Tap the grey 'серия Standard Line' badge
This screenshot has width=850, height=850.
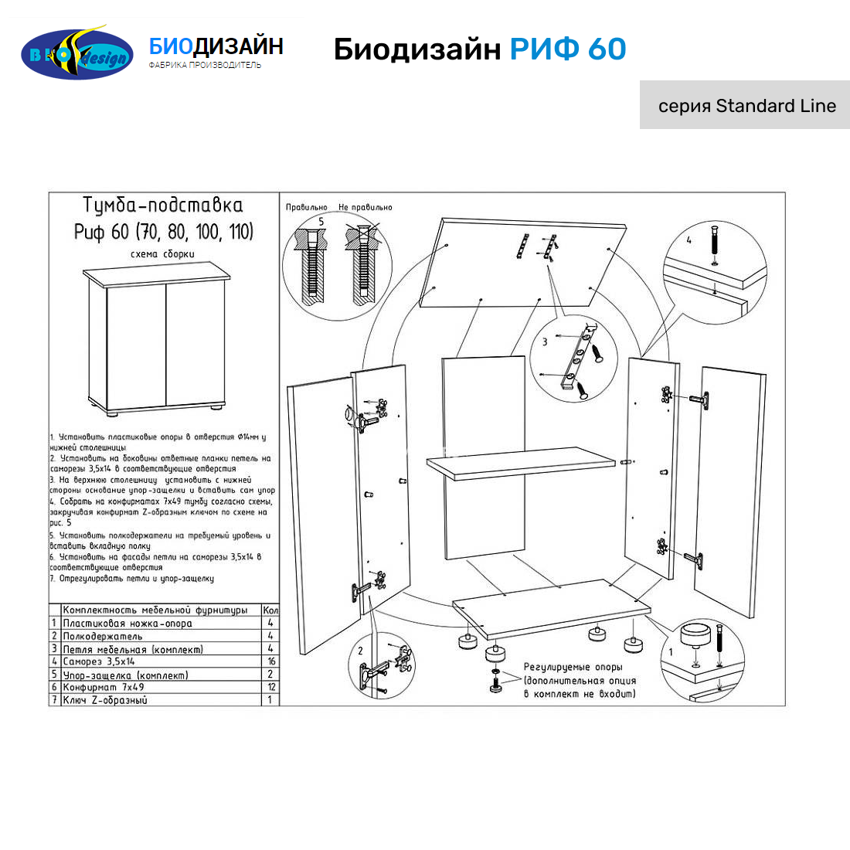746,105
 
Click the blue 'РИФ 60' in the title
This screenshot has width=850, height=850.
567,49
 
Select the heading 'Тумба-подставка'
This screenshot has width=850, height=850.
163,206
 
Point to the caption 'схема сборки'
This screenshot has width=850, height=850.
162,254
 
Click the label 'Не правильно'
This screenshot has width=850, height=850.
365,208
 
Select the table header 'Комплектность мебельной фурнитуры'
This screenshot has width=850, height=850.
155,610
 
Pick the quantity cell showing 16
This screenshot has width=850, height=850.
271,661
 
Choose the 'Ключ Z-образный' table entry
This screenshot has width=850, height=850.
105,700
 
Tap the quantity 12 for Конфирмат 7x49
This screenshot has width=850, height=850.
271,687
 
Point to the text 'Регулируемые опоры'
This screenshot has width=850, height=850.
573,667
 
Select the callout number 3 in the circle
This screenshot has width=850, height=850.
545,342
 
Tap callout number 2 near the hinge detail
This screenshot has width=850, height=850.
360,651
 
